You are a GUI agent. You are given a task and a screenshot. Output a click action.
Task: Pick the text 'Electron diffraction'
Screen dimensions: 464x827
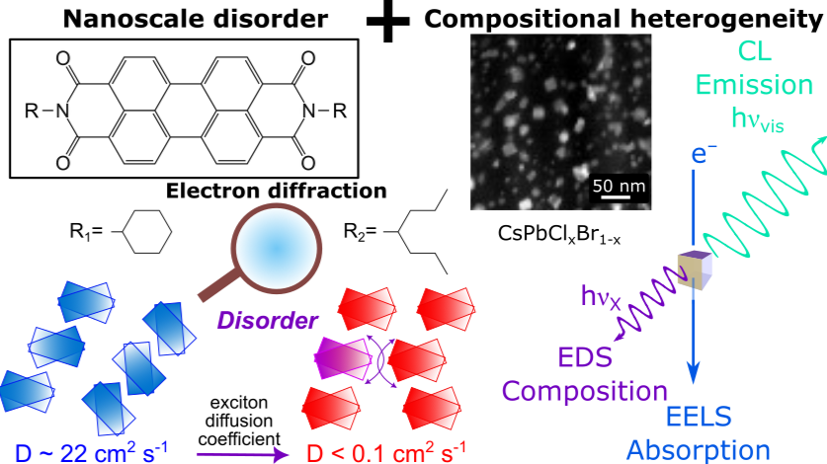[276, 192]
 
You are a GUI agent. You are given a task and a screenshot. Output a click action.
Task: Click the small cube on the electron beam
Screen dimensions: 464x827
[689, 270]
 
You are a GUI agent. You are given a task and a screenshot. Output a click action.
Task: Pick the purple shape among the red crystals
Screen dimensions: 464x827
[344, 352]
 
